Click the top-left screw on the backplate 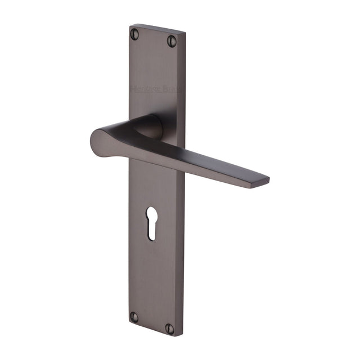[x=134, y=34]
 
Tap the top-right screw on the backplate [x=172, y=41]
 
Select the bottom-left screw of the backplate [x=134, y=317]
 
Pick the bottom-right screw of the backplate [x=171, y=327]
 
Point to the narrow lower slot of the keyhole [x=151, y=231]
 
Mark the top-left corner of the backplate [x=130, y=25]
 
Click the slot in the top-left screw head [x=134, y=34]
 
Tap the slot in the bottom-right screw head [x=171, y=327]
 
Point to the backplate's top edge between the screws [x=155, y=29]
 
